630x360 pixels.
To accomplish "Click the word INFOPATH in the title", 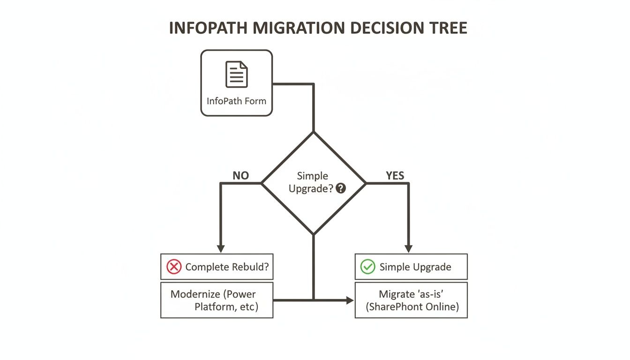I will (x=208, y=28).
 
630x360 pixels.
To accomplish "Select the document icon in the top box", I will (x=237, y=75).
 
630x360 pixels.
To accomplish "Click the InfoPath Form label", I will (x=236, y=101).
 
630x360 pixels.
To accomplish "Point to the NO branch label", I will (x=240, y=176).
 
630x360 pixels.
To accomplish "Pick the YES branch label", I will (x=395, y=176).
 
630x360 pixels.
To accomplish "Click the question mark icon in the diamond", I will (x=341, y=188).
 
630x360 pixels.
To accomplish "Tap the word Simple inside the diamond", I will (x=313, y=176).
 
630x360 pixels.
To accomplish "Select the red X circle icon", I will (x=174, y=267).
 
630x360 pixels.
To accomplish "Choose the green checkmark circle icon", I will (x=367, y=267).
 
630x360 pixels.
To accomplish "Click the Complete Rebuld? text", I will (x=227, y=267).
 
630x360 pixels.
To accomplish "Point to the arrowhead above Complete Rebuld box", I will (x=221, y=248).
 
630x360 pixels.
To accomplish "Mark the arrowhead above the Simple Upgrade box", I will (x=408, y=248).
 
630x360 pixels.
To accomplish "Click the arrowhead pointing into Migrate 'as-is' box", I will (x=350, y=300).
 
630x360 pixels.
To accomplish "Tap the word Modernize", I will (x=195, y=294).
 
